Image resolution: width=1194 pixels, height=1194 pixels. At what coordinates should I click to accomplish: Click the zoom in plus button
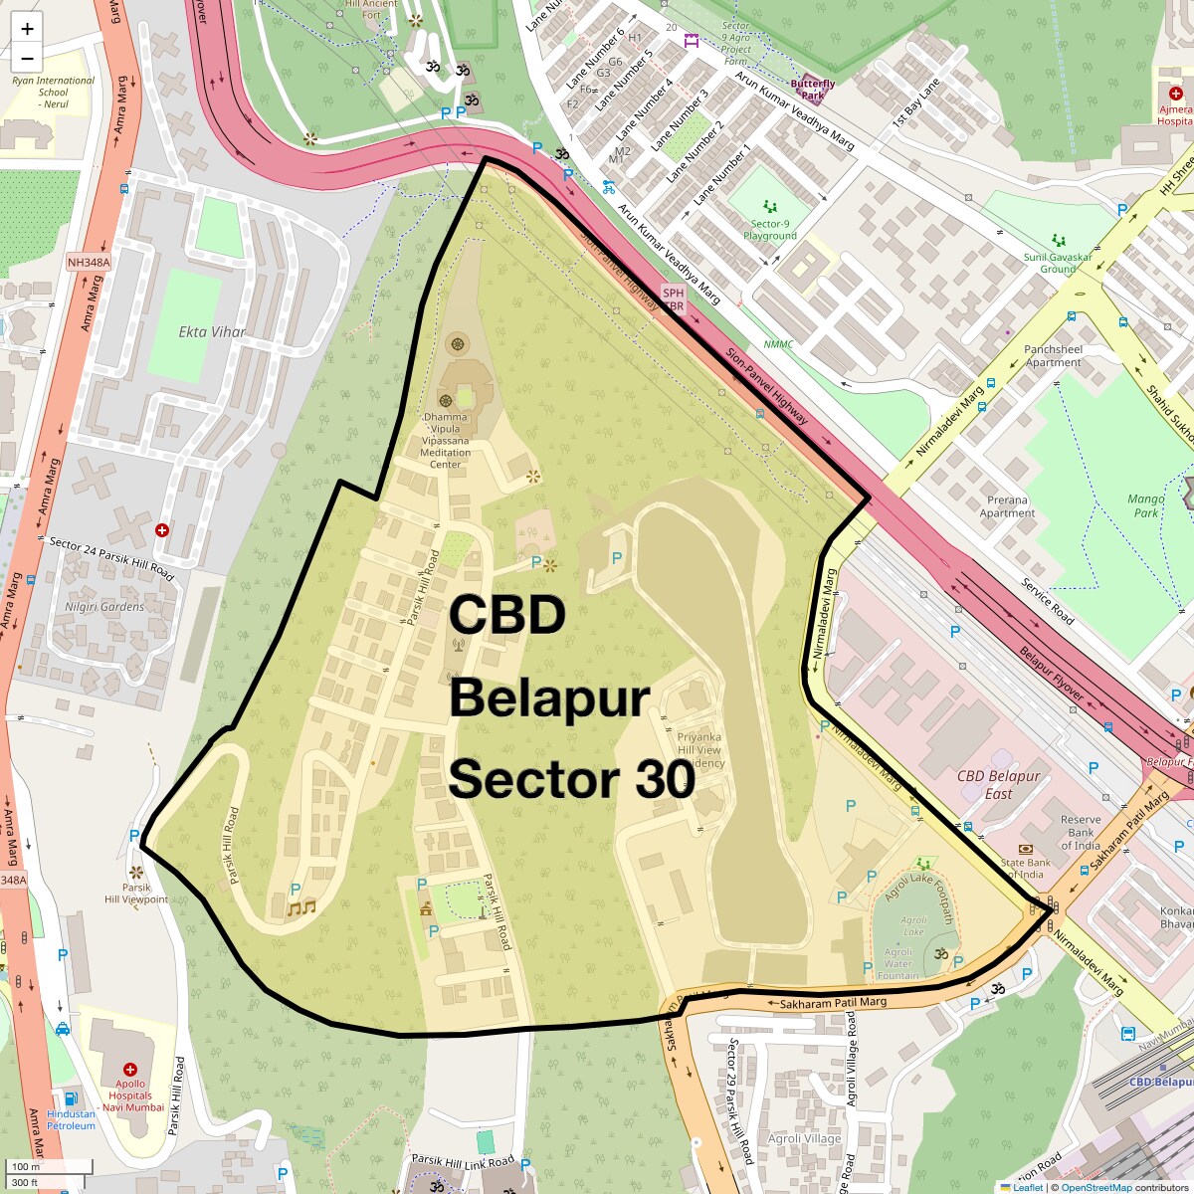(x=27, y=29)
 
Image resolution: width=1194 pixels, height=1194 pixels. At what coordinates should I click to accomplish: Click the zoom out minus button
(x=27, y=58)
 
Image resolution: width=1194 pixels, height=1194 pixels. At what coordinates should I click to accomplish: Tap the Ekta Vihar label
(x=212, y=331)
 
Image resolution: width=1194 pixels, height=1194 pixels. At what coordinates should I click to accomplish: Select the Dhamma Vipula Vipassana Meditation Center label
(x=445, y=441)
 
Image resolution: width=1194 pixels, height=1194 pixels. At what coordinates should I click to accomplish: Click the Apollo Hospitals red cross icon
(x=130, y=1070)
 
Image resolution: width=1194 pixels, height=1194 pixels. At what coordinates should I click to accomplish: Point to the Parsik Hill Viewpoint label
(x=136, y=894)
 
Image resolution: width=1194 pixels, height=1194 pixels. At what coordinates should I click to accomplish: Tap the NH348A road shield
(x=89, y=263)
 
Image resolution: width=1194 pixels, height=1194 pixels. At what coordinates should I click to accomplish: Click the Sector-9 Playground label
(x=770, y=230)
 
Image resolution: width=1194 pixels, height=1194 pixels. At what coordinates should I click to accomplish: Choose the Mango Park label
(x=1146, y=505)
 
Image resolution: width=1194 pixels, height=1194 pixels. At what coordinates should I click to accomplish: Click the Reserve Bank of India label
(x=1081, y=833)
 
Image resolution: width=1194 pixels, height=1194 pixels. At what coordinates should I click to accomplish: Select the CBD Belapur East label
(x=998, y=784)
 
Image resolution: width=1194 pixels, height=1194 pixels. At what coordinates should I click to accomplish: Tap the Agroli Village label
(x=804, y=1138)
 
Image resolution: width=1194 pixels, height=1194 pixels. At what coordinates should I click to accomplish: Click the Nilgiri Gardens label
(x=104, y=607)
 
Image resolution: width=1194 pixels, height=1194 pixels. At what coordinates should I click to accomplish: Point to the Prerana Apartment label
(x=1007, y=506)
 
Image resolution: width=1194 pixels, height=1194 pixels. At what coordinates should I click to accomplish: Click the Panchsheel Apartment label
(x=1053, y=356)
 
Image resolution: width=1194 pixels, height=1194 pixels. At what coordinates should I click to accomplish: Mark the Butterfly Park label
(x=812, y=90)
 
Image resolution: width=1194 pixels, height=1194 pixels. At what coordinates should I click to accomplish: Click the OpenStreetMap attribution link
(x=1095, y=1187)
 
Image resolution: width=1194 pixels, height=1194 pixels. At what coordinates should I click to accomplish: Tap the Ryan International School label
(x=54, y=92)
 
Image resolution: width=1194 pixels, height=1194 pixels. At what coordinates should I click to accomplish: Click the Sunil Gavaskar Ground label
(x=1058, y=263)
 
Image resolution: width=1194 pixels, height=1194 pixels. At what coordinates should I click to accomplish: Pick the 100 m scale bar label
(x=27, y=1166)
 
